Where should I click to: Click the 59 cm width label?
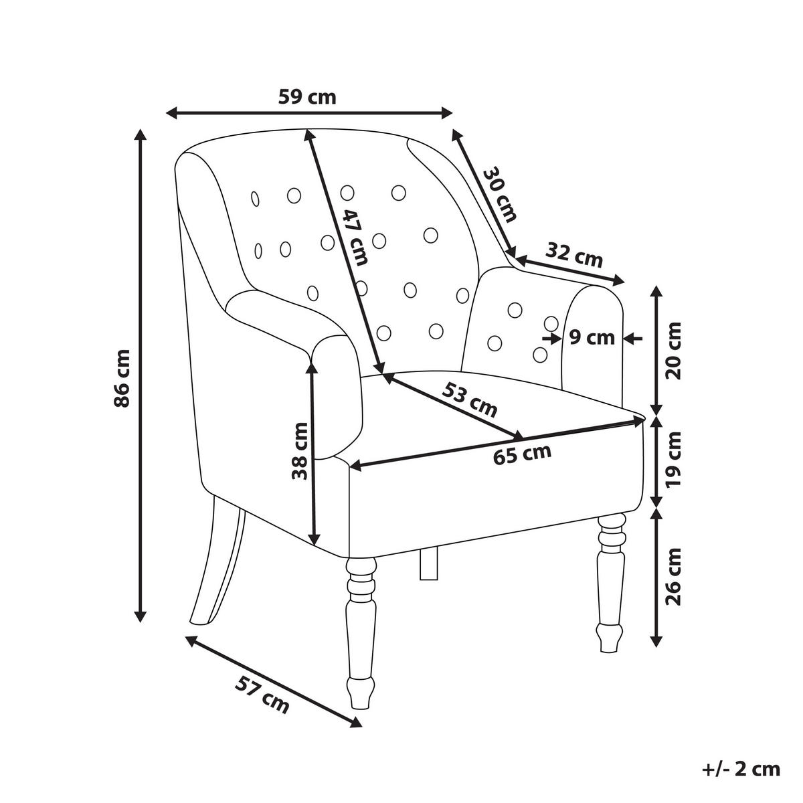(x=306, y=98)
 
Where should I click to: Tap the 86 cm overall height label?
(x=122, y=378)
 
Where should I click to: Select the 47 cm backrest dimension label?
(x=355, y=238)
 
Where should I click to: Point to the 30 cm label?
(x=501, y=194)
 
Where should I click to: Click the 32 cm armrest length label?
(x=574, y=254)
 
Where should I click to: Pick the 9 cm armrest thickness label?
(x=592, y=337)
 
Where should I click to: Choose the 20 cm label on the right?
(x=673, y=351)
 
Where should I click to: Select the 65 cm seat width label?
(x=522, y=454)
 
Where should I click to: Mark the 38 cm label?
(x=300, y=451)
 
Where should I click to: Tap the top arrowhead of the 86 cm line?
(x=141, y=135)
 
